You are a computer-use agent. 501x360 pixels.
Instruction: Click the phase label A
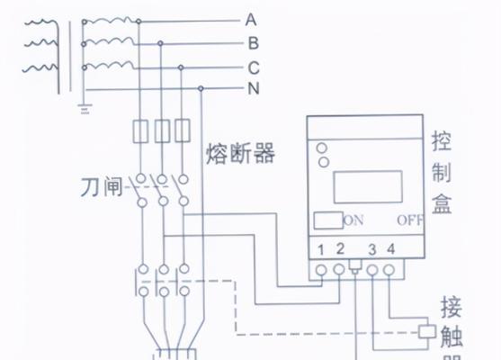click(x=251, y=20)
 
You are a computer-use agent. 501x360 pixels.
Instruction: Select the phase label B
click(x=254, y=43)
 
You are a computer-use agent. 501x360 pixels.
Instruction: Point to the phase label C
click(x=254, y=67)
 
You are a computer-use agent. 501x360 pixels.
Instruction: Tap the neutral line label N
click(x=254, y=88)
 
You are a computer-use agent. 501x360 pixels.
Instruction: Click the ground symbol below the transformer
click(x=85, y=109)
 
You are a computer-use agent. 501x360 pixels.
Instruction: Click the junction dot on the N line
click(x=201, y=88)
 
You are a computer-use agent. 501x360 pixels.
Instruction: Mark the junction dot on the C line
click(x=181, y=67)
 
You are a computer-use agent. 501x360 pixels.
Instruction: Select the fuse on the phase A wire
click(x=140, y=130)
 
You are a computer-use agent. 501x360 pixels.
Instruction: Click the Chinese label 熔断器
click(x=240, y=154)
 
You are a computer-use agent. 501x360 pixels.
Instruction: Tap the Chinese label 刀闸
click(x=102, y=186)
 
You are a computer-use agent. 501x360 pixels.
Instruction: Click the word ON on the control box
click(x=353, y=220)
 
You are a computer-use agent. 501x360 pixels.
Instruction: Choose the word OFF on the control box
click(x=409, y=220)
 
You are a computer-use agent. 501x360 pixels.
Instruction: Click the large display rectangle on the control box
click(x=368, y=187)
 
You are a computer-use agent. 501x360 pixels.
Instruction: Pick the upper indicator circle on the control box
click(x=322, y=148)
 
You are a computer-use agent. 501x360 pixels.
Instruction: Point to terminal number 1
click(x=321, y=249)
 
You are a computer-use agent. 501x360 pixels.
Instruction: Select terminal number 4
click(x=391, y=248)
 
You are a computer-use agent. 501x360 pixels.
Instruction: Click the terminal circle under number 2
click(x=339, y=269)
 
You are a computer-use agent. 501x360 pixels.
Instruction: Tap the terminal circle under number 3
click(x=371, y=271)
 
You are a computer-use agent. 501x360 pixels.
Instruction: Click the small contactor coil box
click(x=427, y=331)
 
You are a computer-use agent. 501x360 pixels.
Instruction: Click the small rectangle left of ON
click(x=328, y=220)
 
